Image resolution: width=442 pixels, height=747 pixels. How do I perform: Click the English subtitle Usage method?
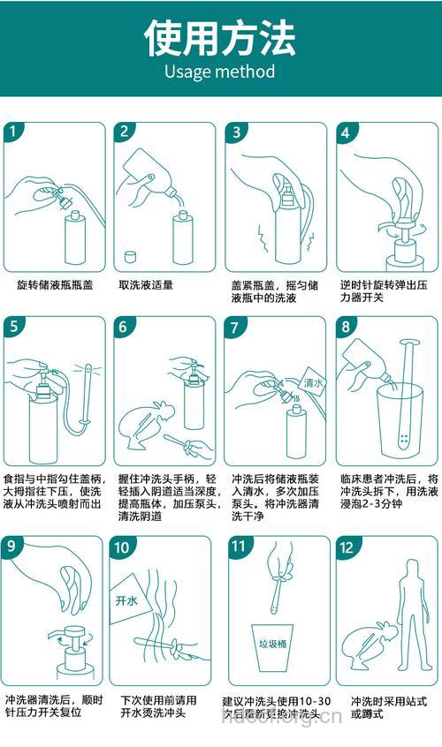tap(220, 72)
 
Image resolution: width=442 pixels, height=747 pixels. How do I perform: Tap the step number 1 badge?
tap(14, 132)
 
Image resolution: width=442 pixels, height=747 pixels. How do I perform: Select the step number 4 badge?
tap(346, 132)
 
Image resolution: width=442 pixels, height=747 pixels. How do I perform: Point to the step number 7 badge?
tap(236, 327)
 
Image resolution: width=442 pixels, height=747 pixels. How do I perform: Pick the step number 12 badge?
tap(346, 547)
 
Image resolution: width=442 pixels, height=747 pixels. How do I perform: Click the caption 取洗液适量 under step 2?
tap(146, 285)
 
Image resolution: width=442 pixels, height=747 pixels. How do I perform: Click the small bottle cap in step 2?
tap(130, 257)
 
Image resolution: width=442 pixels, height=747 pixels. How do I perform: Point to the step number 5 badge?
tap(14, 327)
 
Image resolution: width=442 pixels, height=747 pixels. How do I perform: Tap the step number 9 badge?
tap(14, 547)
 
